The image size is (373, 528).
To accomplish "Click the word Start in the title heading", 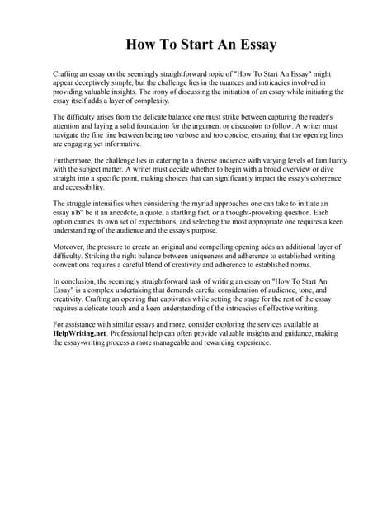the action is [x=183, y=44].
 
